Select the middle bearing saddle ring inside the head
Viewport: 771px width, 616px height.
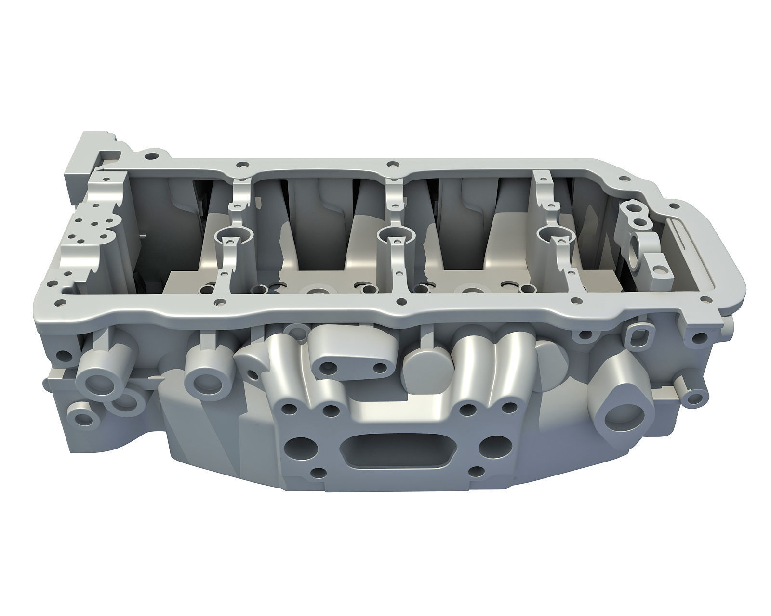[x=395, y=237]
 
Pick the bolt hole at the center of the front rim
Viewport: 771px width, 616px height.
[x=399, y=302]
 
